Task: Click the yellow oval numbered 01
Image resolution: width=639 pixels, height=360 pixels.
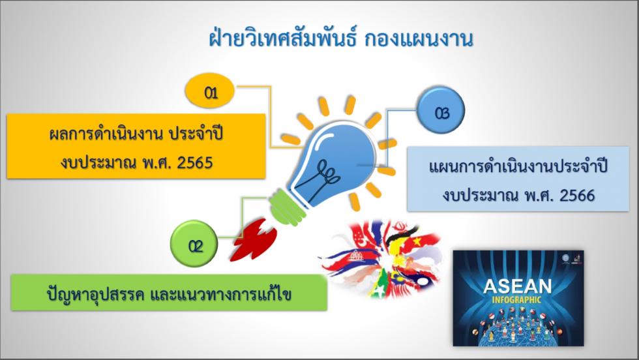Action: coord(210,91)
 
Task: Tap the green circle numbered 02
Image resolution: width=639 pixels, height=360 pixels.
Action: coord(194,244)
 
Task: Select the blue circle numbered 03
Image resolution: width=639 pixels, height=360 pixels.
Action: coord(441,110)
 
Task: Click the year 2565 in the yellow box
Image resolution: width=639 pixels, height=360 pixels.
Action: coord(195,162)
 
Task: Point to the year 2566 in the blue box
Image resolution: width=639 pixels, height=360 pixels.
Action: coord(577,195)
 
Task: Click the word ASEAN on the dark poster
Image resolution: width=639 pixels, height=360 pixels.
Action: coord(517,286)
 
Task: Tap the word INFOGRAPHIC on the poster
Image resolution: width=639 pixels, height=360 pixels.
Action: coord(516,301)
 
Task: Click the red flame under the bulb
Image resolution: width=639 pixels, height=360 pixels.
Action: coord(254,240)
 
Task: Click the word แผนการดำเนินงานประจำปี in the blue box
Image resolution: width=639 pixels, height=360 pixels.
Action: coord(518,166)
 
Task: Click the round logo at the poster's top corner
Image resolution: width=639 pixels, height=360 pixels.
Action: coord(566,258)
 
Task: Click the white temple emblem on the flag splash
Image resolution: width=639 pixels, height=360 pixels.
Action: coord(355,256)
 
